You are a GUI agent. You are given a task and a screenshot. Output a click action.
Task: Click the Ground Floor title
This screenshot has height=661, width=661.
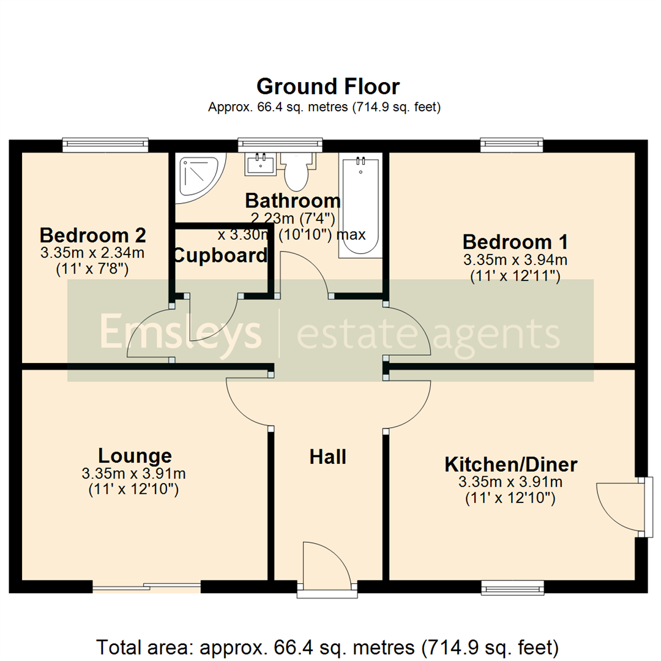click(x=328, y=86)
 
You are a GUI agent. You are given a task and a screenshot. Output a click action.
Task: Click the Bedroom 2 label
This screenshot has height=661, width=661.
click(x=93, y=235)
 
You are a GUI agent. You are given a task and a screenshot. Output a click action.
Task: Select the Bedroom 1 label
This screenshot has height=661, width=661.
click(x=515, y=241)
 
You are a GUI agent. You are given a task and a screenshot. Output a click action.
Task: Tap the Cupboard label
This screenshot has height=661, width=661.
click(x=220, y=255)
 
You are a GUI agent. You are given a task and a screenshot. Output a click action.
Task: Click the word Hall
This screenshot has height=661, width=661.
click(x=328, y=457)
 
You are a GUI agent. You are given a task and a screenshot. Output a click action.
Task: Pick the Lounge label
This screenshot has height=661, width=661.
click(x=135, y=455)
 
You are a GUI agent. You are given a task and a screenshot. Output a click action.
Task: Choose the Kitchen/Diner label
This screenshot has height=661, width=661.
click(x=510, y=465)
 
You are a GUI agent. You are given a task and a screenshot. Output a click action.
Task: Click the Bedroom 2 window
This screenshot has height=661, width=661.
click(x=105, y=145)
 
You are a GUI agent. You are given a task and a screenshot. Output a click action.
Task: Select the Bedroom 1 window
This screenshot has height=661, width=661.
click(x=512, y=145)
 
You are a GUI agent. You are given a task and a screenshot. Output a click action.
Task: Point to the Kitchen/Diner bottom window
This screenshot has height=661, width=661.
click(x=512, y=588)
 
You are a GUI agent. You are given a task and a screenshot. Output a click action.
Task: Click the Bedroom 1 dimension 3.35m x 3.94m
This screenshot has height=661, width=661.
click(x=515, y=260)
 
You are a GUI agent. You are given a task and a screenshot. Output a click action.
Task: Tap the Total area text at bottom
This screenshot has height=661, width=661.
click(x=328, y=646)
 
